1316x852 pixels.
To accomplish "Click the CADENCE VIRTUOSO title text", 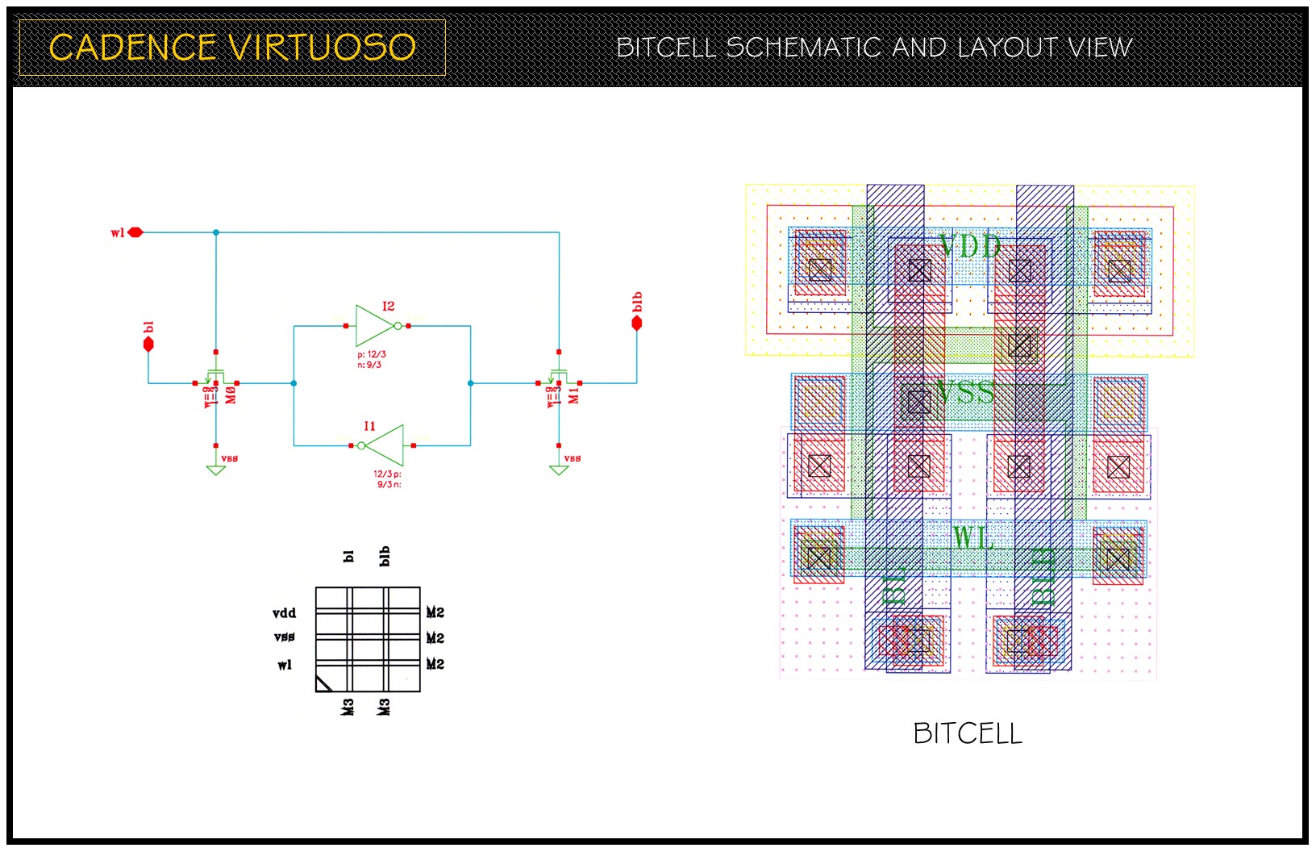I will pyautogui.click(x=232, y=48).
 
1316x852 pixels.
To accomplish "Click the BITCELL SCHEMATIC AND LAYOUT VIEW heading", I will pyautogui.click(x=874, y=48).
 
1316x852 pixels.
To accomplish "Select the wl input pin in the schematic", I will pyautogui.click(x=135, y=232).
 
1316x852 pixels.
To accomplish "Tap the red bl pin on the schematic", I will pyautogui.click(x=148, y=344).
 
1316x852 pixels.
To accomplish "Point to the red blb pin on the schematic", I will pyautogui.click(x=636, y=323).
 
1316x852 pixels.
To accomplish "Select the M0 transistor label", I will pyautogui.click(x=231, y=395).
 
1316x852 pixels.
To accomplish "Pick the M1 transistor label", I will pyautogui.click(x=574, y=395).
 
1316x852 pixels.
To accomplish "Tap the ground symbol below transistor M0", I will pyautogui.click(x=215, y=469).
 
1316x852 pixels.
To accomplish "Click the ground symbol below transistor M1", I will pyautogui.click(x=558, y=469).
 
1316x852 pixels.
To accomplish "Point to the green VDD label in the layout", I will pyautogui.click(x=969, y=246).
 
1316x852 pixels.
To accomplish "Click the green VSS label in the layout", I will pyautogui.click(x=965, y=392).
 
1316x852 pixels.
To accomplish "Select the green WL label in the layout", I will pyautogui.click(x=972, y=537).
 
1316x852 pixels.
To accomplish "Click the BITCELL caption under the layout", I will pyautogui.click(x=968, y=733).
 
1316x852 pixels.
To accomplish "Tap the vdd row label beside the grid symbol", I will pyautogui.click(x=285, y=613).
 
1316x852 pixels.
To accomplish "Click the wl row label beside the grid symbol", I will pyautogui.click(x=285, y=665).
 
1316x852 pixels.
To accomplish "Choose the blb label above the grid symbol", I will pyautogui.click(x=385, y=556).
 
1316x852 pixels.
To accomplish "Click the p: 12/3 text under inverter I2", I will pyautogui.click(x=372, y=354).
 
